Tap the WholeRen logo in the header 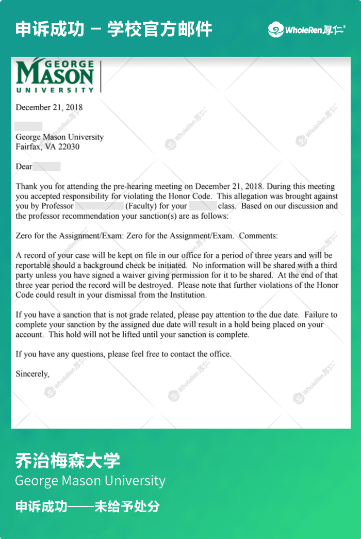(307, 30)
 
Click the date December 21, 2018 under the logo (49, 107)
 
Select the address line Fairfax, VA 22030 (47, 146)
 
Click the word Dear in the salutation (24, 167)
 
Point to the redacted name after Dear (46, 167)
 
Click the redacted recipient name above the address (28, 126)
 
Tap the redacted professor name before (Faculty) (99, 206)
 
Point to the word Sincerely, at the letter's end (32, 373)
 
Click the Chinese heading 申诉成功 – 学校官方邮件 (113, 29)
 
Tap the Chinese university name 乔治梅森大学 (68, 460)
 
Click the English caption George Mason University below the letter (90, 481)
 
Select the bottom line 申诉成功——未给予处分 (88, 507)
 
